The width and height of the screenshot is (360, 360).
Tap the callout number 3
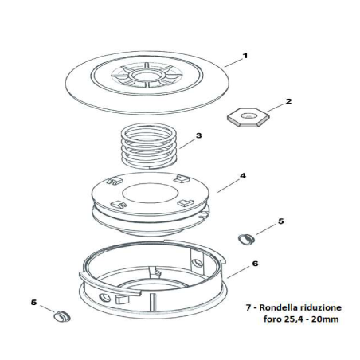tap(198, 136)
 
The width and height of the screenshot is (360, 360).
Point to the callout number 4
tap(242, 176)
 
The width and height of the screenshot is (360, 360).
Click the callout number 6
tap(256, 262)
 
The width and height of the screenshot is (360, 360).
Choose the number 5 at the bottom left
tap(33, 302)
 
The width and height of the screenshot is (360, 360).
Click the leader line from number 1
tap(230, 61)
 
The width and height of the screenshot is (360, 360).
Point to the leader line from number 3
tap(186, 141)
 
